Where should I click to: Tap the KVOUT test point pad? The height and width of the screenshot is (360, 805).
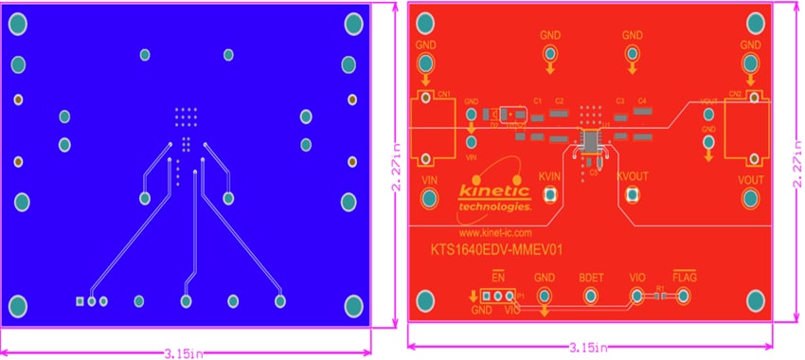click(633, 195)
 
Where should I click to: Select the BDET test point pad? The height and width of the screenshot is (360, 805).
click(590, 297)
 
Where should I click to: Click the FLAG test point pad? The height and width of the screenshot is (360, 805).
click(683, 297)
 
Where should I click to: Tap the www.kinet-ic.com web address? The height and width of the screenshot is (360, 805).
click(494, 231)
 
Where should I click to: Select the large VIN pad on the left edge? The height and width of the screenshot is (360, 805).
click(430, 197)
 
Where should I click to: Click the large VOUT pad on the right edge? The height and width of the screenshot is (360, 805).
click(750, 197)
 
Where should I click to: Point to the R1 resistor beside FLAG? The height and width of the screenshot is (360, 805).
click(660, 297)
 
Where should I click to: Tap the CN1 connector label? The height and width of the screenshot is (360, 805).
click(443, 95)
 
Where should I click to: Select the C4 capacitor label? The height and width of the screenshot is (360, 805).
click(642, 100)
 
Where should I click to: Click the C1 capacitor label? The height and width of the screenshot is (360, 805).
click(537, 100)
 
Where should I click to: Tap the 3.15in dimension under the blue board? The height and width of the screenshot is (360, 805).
click(184, 352)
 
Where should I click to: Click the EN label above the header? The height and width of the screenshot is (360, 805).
click(497, 278)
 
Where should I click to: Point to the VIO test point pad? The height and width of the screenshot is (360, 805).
click(636, 297)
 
